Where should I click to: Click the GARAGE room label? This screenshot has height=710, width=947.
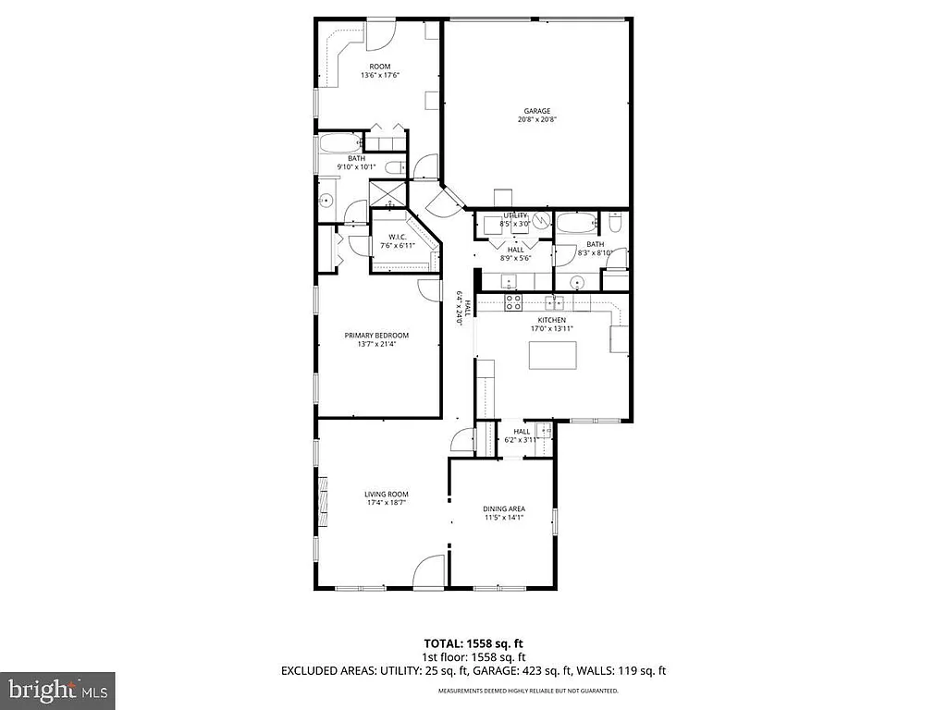coord(537,111)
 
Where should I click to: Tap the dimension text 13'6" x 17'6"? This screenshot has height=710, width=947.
coord(379,76)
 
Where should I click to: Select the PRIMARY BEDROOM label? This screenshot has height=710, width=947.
coord(376,336)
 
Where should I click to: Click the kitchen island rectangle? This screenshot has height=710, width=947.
coord(552,355)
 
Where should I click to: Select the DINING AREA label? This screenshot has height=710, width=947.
coord(504,508)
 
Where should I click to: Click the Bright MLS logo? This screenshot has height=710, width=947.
coord(57,690)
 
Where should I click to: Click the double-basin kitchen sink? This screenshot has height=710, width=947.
coord(555,301)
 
